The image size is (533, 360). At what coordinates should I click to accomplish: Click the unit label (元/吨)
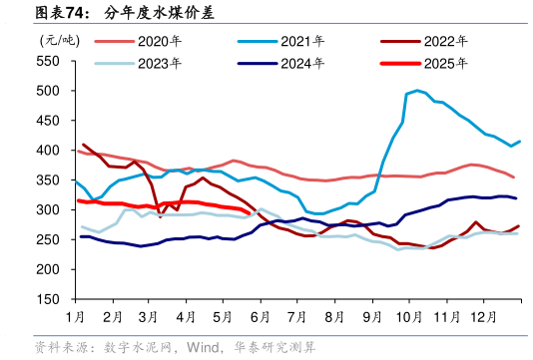tap(59, 40)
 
